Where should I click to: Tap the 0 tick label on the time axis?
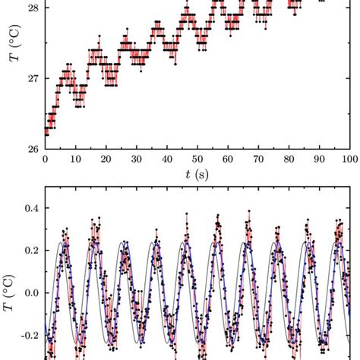(46, 160)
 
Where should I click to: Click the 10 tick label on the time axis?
(75, 160)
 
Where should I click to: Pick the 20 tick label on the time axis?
(106, 160)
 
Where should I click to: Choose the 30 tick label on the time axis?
(136, 160)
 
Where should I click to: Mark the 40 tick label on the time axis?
(166, 160)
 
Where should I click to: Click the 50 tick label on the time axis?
(197, 160)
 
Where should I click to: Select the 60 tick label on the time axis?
(228, 160)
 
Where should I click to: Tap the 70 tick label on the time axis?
(258, 160)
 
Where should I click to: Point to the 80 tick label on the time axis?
(289, 160)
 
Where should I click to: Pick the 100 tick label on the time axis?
(348, 160)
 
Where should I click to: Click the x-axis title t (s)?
(197, 175)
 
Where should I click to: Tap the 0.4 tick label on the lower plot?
(30, 207)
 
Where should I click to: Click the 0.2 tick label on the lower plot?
(30, 249)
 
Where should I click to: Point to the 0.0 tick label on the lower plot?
(30, 292)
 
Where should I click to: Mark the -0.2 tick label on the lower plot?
(28, 335)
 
